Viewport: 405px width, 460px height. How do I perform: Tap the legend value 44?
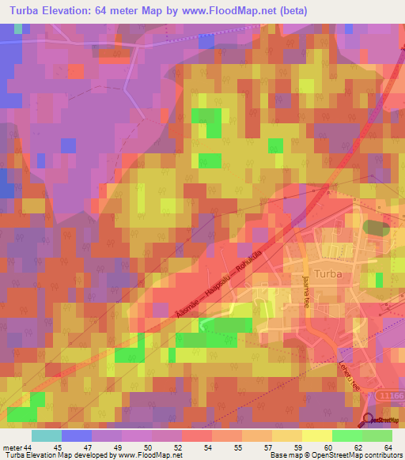(x=29, y=447)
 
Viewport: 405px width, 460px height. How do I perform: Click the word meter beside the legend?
(x=12, y=447)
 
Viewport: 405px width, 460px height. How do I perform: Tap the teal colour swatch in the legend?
(x=46, y=435)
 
